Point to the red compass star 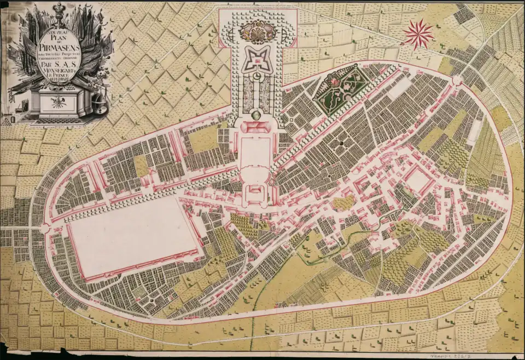click(x=419, y=33)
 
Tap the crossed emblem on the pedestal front click(x=57, y=101)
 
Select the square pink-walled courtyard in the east click(x=418, y=179)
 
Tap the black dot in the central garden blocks click(x=341, y=143)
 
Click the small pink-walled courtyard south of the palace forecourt click(x=255, y=194)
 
